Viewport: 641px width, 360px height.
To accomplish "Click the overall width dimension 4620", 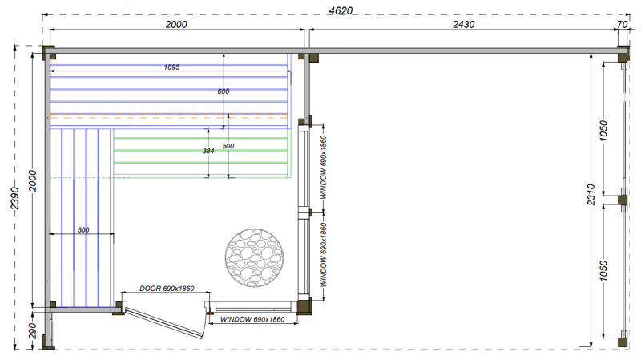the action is tap(341, 10).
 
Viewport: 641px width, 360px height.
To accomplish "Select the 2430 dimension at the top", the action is tap(463, 25).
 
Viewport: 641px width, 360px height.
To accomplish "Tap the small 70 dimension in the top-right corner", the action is tap(622, 25).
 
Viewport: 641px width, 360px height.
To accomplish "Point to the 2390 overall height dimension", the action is tap(14, 198).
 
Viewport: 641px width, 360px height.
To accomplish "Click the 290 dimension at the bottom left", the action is tap(33, 331).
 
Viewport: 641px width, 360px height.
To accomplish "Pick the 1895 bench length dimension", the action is tap(171, 67).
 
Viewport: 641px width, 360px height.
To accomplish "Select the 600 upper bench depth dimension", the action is tap(224, 91).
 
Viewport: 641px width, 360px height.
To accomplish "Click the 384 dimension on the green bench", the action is tap(208, 151).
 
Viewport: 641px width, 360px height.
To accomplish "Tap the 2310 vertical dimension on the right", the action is tap(591, 195).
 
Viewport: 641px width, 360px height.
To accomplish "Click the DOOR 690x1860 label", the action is tap(167, 289).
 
